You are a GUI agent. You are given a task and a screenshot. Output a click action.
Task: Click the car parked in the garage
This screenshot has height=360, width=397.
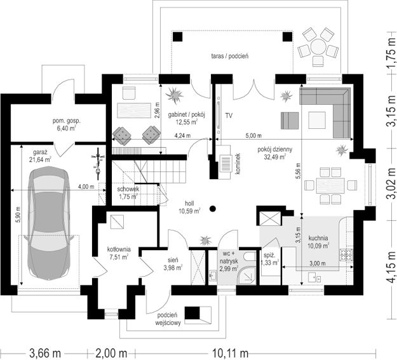point(50,223)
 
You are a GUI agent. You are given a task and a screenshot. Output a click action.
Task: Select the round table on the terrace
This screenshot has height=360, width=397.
point(318,46)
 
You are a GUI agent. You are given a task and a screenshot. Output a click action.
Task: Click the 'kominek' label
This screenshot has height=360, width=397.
point(238,163)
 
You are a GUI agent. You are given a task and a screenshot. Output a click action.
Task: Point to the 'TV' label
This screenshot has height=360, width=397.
point(229,116)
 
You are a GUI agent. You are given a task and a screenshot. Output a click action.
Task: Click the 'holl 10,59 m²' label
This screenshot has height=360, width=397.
point(190,207)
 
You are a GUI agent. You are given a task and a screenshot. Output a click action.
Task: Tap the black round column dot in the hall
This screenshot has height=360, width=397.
point(213,209)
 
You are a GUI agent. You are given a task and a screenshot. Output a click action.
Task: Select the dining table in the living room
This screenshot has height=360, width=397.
point(330,185)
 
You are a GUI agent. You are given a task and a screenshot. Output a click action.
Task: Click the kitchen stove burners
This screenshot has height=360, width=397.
point(346,255)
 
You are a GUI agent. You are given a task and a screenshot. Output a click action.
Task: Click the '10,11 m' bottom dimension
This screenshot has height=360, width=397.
point(230,352)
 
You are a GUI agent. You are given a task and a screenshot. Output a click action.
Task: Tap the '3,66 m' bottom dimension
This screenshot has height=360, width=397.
point(45,352)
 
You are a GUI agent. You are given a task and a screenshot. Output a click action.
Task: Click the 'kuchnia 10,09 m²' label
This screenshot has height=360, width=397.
point(318,242)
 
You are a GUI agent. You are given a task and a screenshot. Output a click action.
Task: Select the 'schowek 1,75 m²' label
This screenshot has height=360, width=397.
point(128,192)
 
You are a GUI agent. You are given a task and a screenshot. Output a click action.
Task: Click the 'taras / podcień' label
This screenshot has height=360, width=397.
point(230,56)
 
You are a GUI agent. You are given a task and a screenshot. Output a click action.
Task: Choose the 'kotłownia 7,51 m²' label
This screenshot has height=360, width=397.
point(119,253)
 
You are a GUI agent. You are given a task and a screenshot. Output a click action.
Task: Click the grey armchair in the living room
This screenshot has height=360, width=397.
point(290,121)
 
